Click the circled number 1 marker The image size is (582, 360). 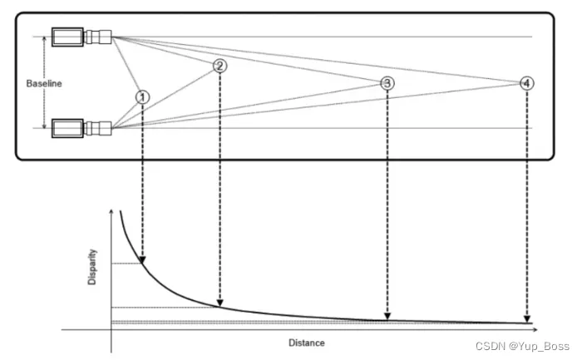[x=143, y=96]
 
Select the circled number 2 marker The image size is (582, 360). [x=219, y=66]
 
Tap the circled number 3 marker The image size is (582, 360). [x=387, y=83]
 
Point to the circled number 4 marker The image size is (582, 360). [x=527, y=83]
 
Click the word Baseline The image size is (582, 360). [x=43, y=83]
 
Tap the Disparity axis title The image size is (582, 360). [x=92, y=265]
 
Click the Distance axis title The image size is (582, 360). [x=307, y=343]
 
